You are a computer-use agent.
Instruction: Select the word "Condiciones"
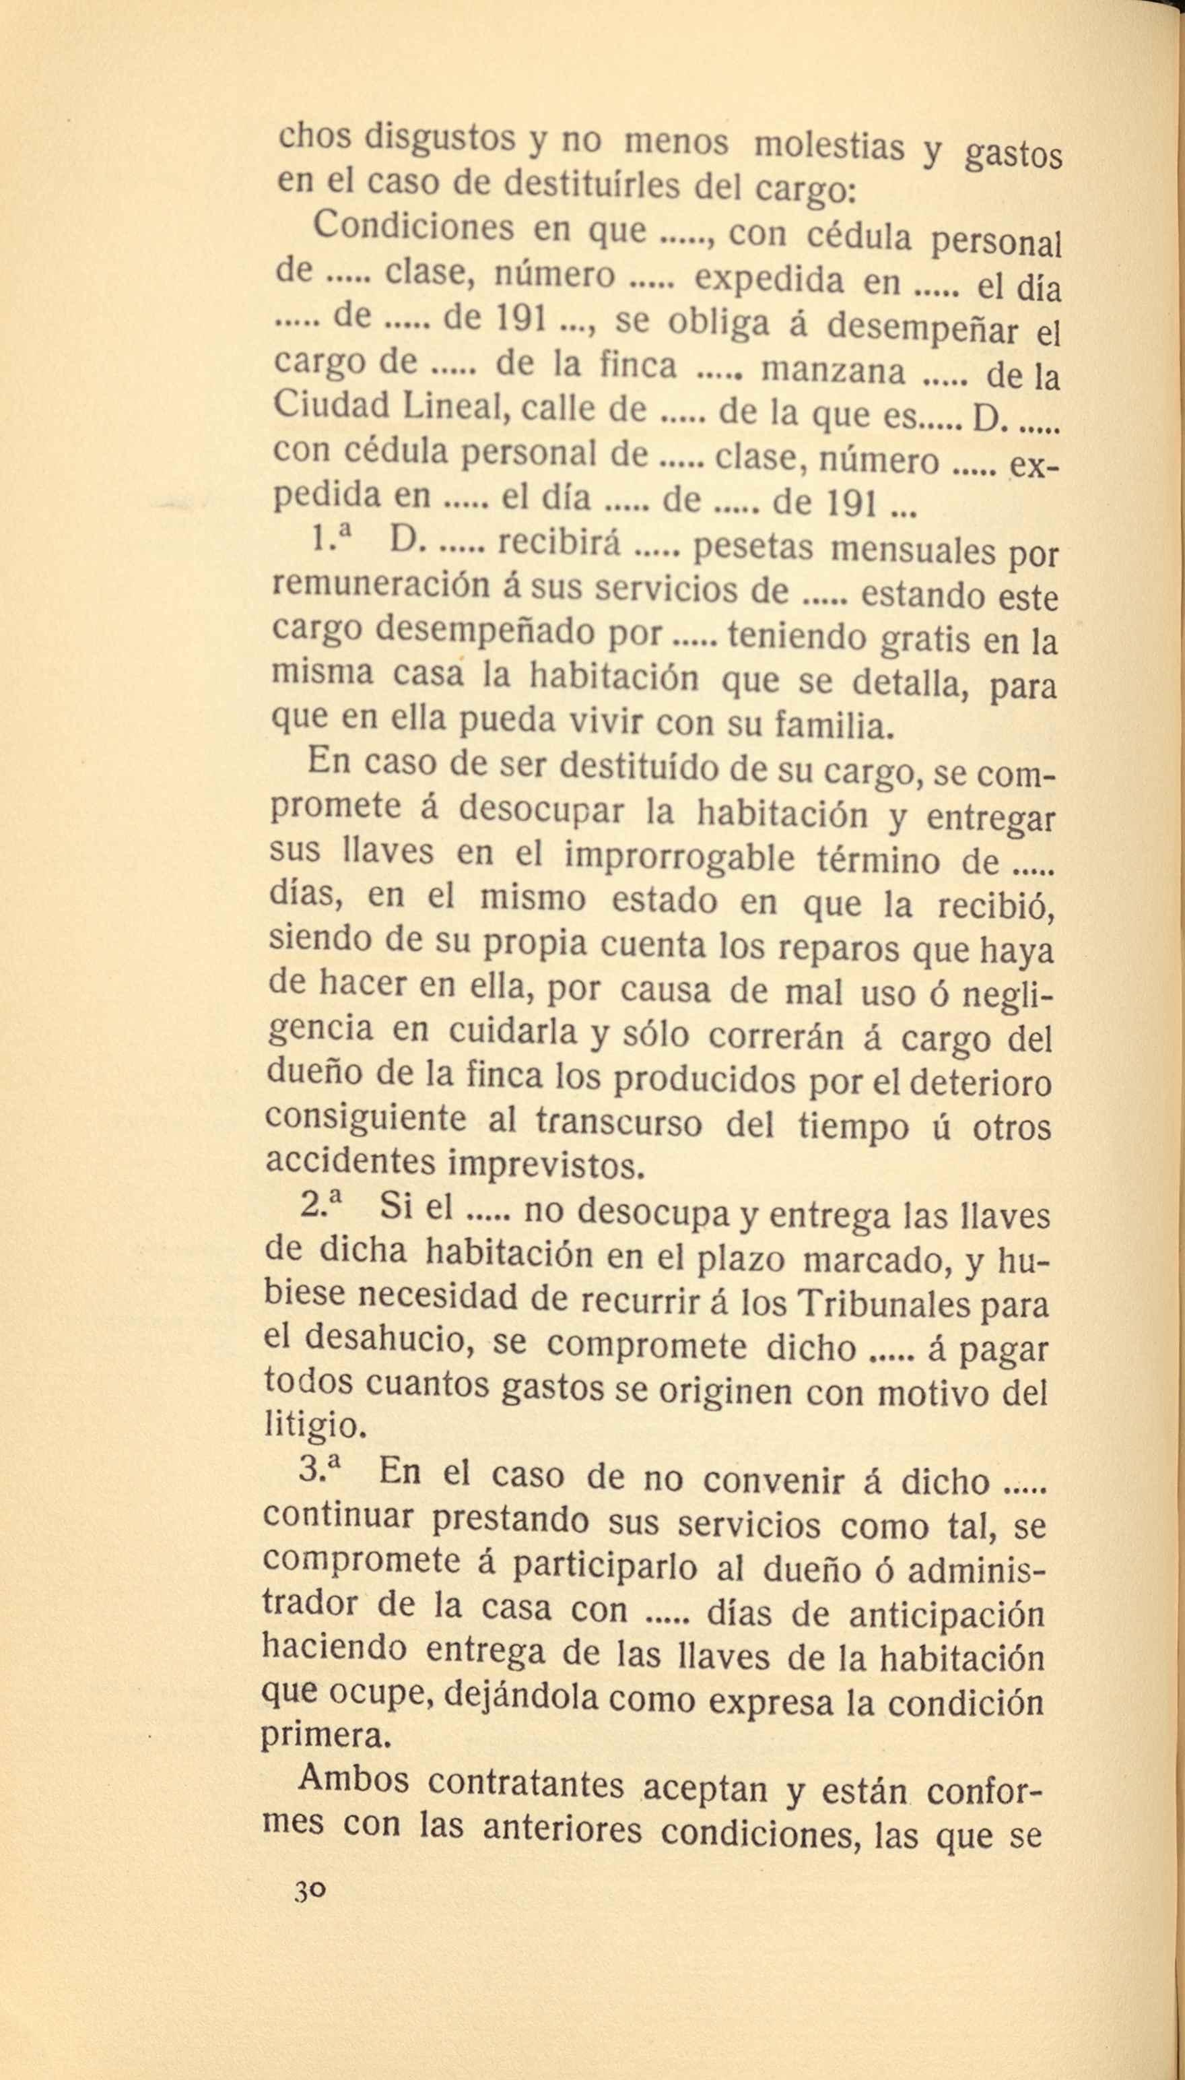point(413,226)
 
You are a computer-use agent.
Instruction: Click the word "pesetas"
point(752,549)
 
